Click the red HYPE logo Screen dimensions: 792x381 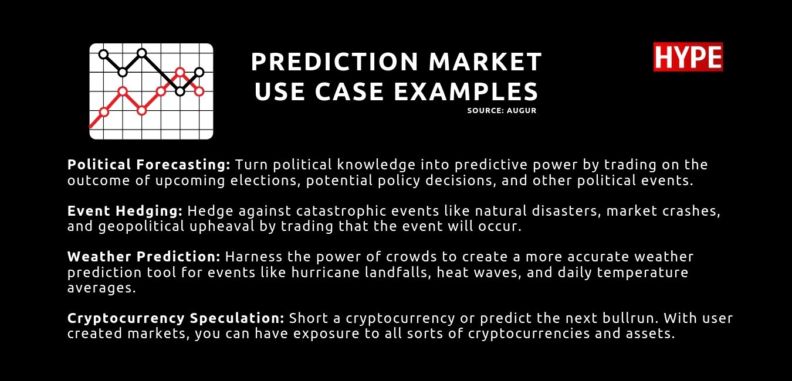[688, 57]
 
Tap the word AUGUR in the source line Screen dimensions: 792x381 [522, 111]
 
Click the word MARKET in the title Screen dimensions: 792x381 [485, 62]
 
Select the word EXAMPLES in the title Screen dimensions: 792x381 [466, 91]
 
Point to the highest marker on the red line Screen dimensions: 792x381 [180, 72]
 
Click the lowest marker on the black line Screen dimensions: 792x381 [180, 91]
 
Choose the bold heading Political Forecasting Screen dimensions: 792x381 [149, 165]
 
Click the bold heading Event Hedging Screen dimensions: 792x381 [125, 211]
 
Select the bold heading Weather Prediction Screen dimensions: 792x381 [144, 257]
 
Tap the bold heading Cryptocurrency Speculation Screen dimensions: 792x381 [176, 318]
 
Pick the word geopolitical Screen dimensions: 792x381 [141, 227]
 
